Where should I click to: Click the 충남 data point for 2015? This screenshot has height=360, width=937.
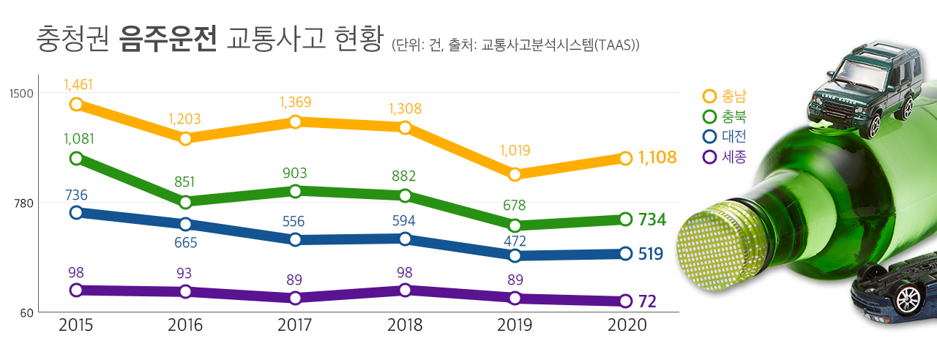click(76, 105)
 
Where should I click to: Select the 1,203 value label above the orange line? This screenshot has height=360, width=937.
click(184, 119)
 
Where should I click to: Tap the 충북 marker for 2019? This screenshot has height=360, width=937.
click(515, 225)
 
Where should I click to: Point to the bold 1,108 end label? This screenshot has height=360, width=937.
click(657, 157)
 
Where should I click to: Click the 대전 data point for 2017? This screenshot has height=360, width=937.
click(295, 239)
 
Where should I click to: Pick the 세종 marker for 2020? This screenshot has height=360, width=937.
click(625, 301)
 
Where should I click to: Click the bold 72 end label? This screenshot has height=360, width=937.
click(647, 301)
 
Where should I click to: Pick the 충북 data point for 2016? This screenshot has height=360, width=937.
click(185, 202)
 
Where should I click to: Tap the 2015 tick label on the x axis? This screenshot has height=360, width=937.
click(75, 325)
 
